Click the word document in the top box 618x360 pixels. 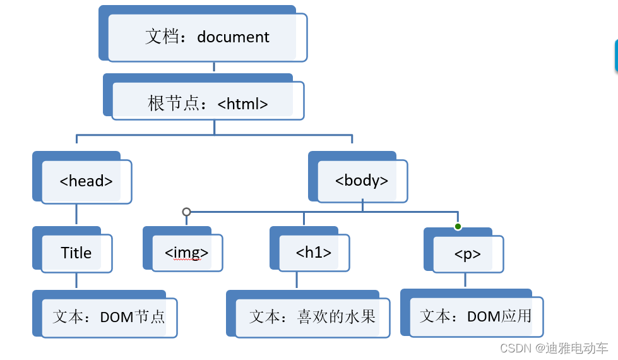(233, 37)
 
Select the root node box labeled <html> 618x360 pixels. (208, 104)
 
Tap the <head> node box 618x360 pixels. (86, 181)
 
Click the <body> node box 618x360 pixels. (362, 181)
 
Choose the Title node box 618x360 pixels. (76, 253)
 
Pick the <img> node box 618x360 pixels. (186, 253)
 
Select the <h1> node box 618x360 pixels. (313, 253)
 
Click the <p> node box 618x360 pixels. (468, 254)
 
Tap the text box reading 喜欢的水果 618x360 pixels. (312, 316)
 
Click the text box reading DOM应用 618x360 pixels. (476, 316)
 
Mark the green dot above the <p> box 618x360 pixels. (458, 226)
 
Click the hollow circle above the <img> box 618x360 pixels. (186, 212)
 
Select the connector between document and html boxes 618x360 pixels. (214, 68)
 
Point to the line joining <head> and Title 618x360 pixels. (76, 214)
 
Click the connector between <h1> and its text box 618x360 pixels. (295, 282)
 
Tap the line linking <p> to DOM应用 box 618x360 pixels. (466, 280)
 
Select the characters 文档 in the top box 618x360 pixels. (159, 37)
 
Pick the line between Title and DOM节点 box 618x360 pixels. (76, 282)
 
